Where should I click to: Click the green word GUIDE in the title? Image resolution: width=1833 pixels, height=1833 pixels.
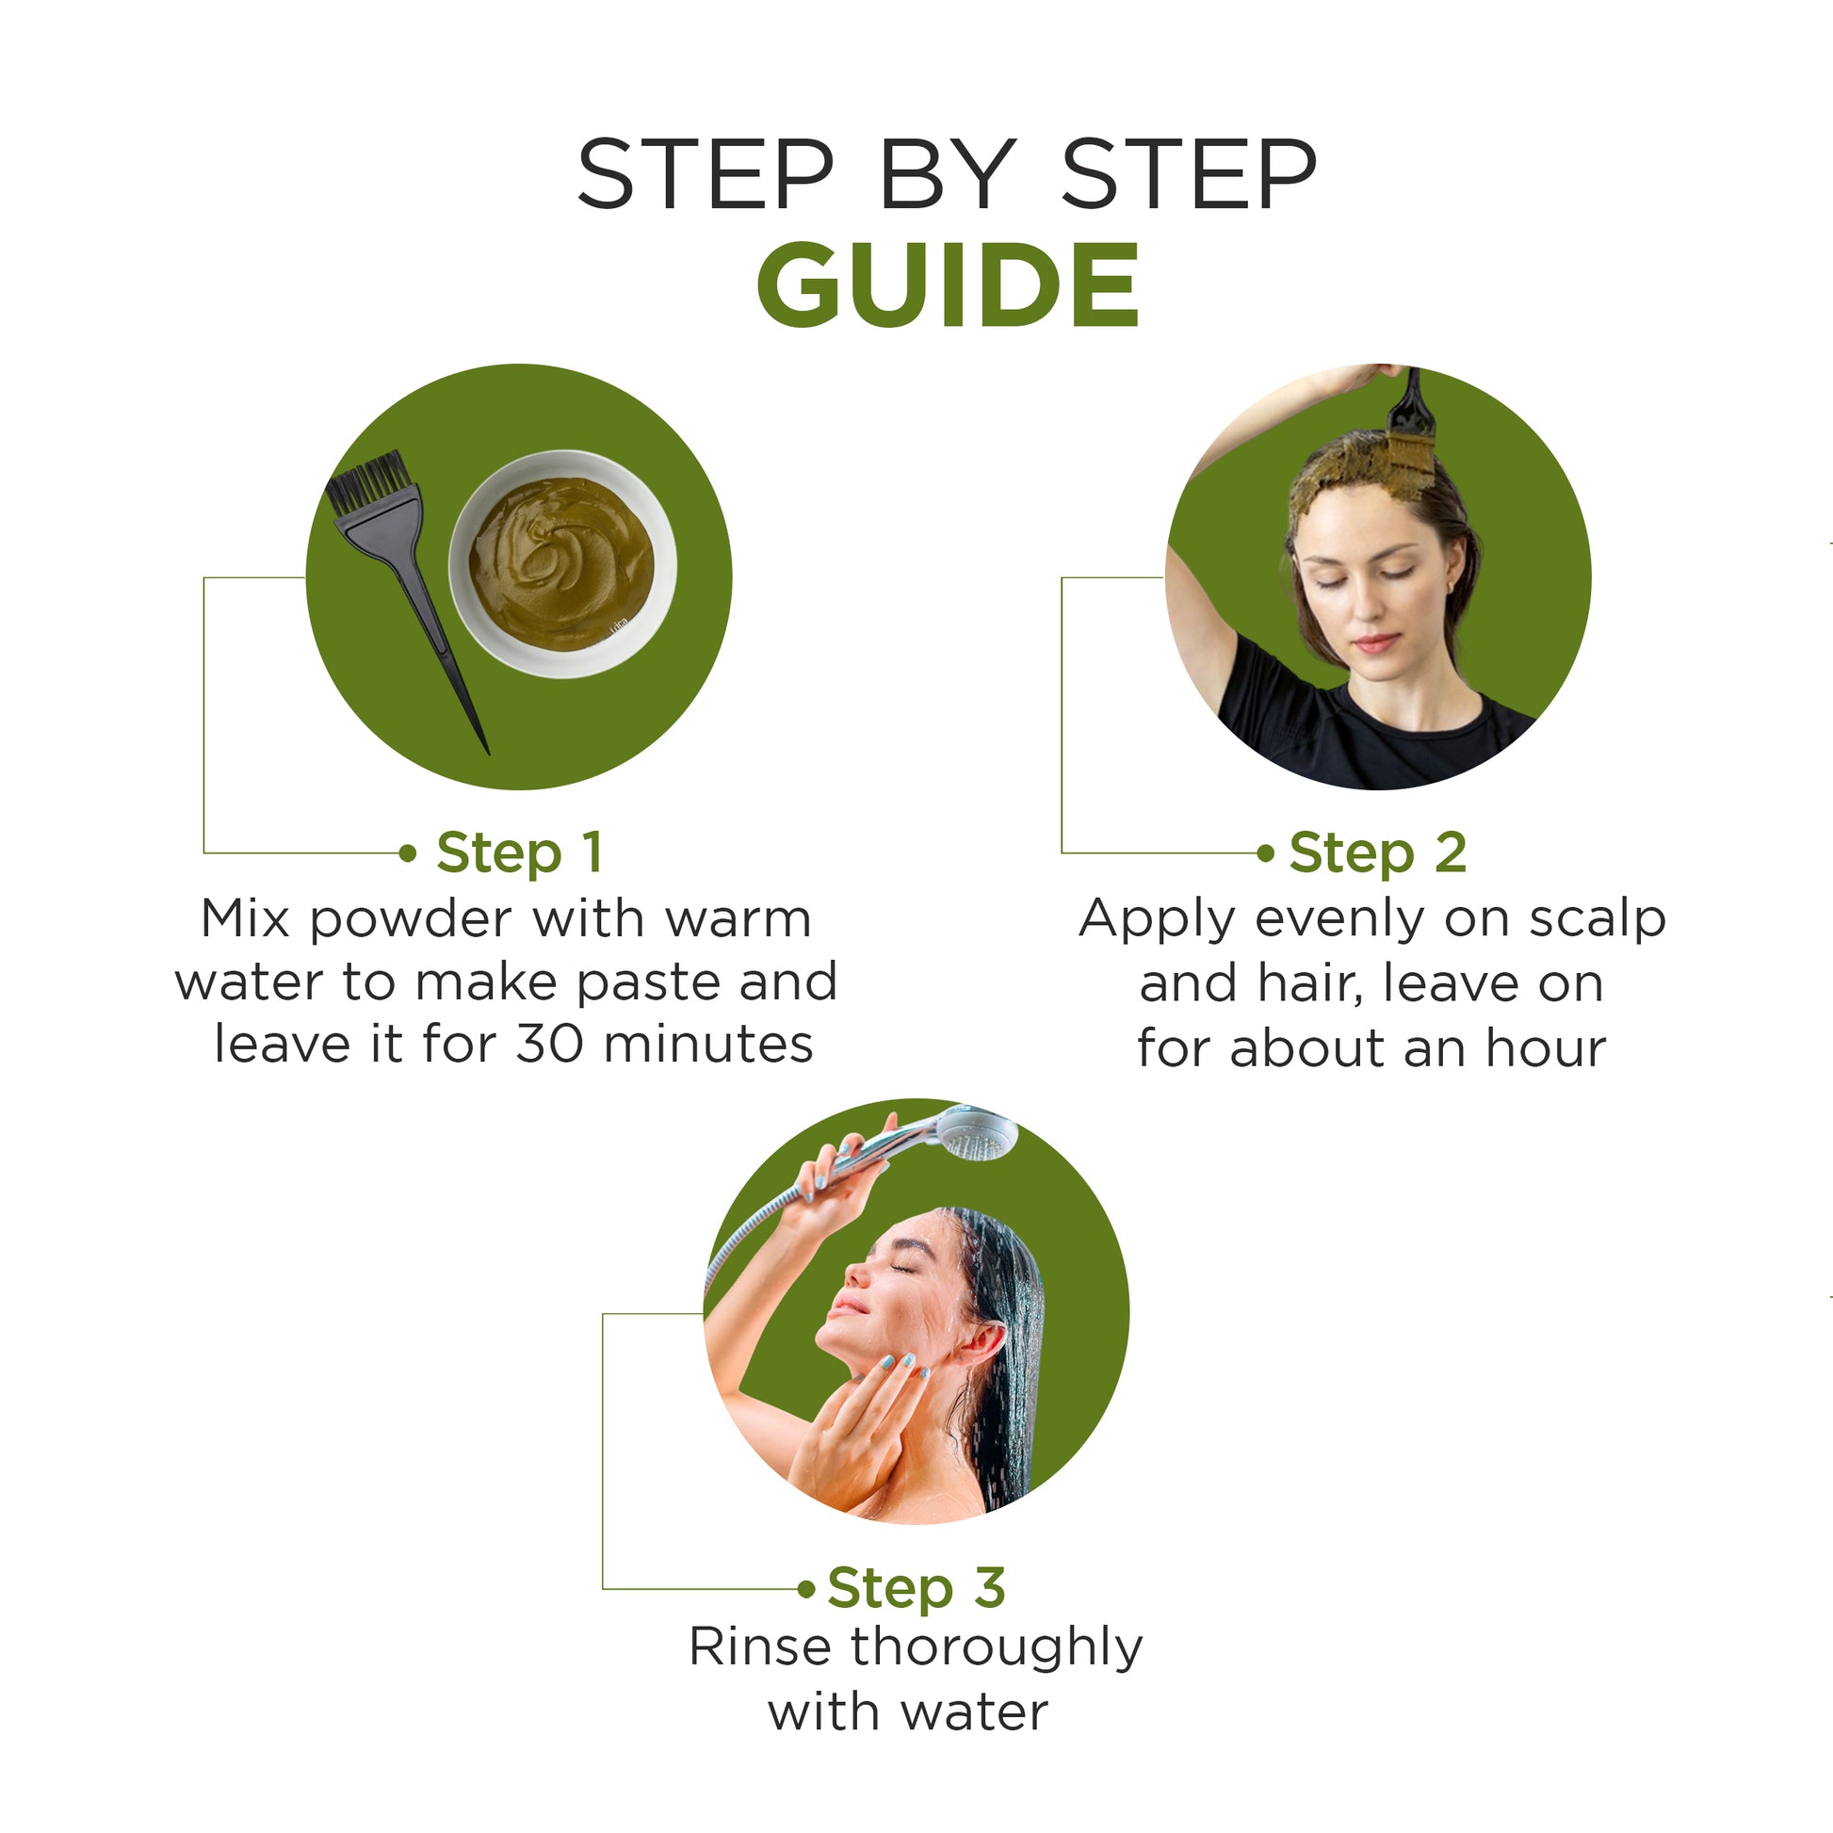coord(948,284)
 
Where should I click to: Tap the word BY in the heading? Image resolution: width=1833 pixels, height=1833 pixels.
coord(948,173)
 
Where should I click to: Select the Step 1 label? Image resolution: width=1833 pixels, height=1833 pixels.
coord(519,853)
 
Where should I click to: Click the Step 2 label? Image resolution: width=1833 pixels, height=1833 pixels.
coord(1378,853)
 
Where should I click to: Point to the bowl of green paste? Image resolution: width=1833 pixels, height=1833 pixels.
coord(561,563)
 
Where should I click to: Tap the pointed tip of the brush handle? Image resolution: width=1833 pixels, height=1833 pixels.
coord(488,754)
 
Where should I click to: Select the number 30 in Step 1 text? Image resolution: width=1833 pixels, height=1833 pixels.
coord(548,1045)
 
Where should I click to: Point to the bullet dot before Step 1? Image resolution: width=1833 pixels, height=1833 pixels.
coord(408,854)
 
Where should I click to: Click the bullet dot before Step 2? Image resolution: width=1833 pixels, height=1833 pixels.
coord(1265,854)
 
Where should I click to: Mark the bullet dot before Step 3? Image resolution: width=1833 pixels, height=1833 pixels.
coord(806,1589)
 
